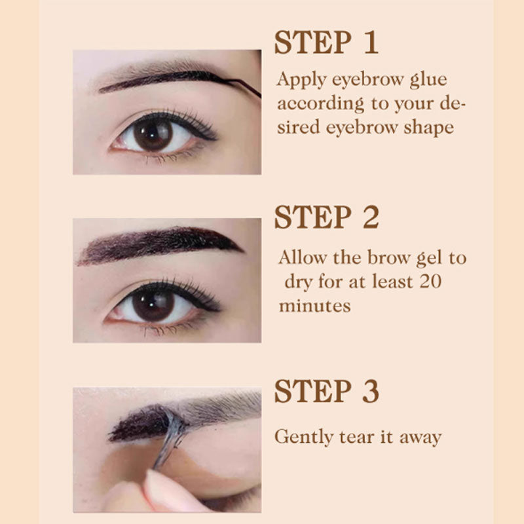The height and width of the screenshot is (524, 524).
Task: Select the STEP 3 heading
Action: (326, 392)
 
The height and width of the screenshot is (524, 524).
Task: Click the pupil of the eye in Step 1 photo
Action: (153, 134)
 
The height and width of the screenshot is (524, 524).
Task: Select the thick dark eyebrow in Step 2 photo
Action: (157, 244)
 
